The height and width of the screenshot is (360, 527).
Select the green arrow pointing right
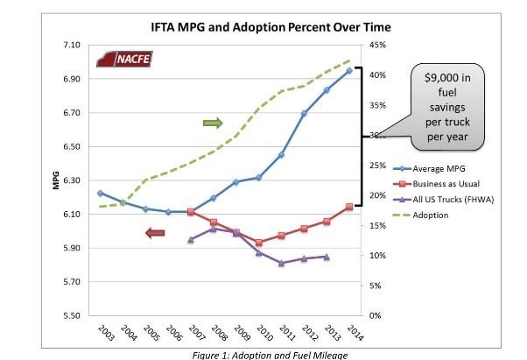(213, 123)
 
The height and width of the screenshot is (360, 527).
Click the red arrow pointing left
(155, 232)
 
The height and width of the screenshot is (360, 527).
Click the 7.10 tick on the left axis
(71, 45)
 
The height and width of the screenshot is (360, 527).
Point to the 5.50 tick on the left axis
(71, 315)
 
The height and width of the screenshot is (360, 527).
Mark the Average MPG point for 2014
(349, 70)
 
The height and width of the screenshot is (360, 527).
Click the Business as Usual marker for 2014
(349, 207)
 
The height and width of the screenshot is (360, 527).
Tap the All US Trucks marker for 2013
(327, 257)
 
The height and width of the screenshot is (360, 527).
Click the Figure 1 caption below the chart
(263, 354)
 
